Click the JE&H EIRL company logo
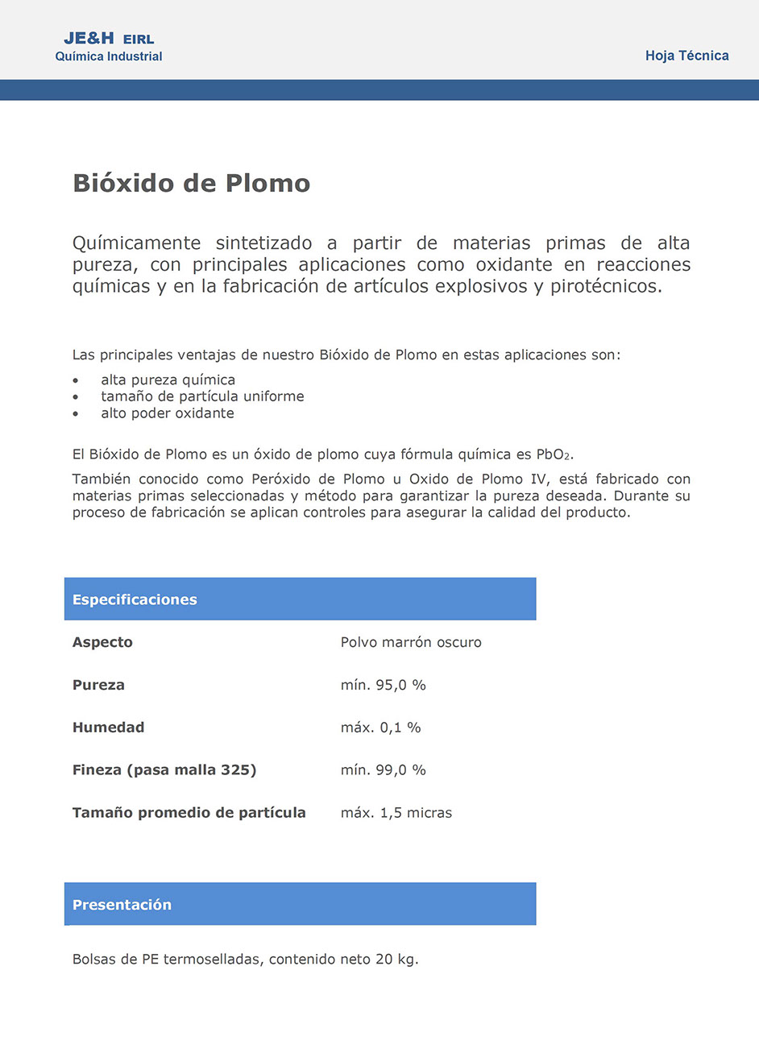point(109,47)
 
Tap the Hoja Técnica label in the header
point(686,56)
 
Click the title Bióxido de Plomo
point(191,183)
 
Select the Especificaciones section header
point(135,599)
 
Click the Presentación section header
point(122,905)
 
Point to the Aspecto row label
point(102,642)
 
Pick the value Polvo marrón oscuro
point(411,642)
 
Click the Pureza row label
point(98,685)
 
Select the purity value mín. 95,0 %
point(383,685)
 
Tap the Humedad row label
point(108,728)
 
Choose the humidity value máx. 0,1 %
point(380,728)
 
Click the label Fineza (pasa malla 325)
point(164,770)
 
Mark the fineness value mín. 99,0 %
point(383,770)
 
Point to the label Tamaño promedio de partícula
point(189,813)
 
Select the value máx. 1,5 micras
point(396,813)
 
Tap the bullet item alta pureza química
point(168,380)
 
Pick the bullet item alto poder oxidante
point(167,413)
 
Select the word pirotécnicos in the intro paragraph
point(605,286)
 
